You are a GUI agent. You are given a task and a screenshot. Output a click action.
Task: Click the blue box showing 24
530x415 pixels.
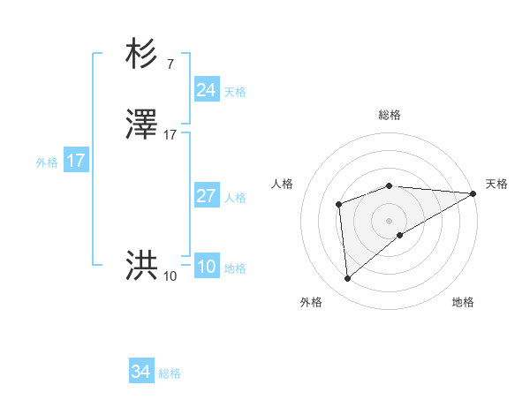pyautogui.click(x=206, y=90)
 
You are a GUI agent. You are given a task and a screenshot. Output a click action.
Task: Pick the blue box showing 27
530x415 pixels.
pyautogui.click(x=206, y=196)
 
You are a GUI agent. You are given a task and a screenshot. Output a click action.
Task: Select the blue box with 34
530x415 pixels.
pyautogui.click(x=140, y=372)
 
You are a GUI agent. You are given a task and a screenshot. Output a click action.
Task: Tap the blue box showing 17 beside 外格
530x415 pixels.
pyautogui.click(x=76, y=161)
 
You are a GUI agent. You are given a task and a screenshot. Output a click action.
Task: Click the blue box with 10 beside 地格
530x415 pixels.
pyautogui.click(x=206, y=267)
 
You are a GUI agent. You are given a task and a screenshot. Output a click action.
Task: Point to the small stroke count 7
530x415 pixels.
pyautogui.click(x=170, y=64)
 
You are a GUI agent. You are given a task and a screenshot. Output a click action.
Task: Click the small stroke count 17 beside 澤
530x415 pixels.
pyautogui.click(x=170, y=135)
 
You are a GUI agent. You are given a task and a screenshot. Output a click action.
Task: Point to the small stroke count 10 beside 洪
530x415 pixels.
pyautogui.click(x=170, y=276)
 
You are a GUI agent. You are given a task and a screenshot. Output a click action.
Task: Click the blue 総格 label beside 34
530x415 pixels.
pyautogui.click(x=170, y=373)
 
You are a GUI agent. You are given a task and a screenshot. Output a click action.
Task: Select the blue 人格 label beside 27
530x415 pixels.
pyautogui.click(x=235, y=198)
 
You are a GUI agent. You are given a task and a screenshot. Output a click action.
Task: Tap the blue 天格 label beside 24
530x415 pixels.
pyautogui.click(x=235, y=92)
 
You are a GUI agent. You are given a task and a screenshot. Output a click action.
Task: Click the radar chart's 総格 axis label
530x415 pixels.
pyautogui.click(x=390, y=116)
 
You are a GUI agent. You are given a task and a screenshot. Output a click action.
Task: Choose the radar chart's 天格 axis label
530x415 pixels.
pyautogui.click(x=496, y=184)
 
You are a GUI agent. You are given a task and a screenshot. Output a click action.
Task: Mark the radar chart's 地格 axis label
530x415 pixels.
pyautogui.click(x=463, y=302)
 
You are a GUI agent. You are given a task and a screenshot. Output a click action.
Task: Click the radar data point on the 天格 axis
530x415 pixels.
pyautogui.click(x=473, y=193)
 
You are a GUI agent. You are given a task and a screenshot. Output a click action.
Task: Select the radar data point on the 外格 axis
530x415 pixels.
pyautogui.click(x=348, y=279)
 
